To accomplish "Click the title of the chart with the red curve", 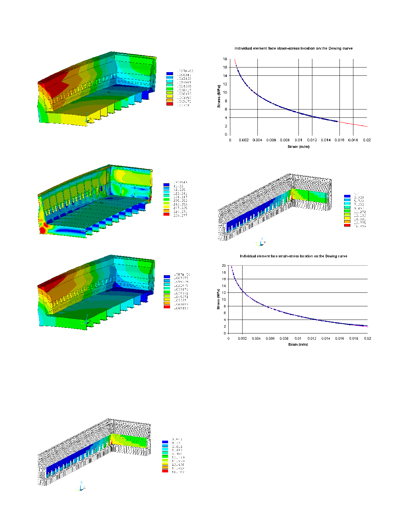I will click(x=293, y=48).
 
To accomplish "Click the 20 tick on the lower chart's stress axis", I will click(x=224, y=266).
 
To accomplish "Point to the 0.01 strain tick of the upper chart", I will click(x=298, y=140).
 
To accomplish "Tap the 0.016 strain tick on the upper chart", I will click(x=339, y=140).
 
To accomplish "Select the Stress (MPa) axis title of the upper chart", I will click(x=219, y=96).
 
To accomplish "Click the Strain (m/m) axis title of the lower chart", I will click(x=298, y=344).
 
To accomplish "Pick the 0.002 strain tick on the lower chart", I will click(x=242, y=338).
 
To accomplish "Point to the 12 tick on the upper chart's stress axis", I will click(x=225, y=84).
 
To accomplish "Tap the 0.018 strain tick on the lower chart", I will click(x=353, y=338).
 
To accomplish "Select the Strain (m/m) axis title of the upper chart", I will click(x=298, y=147).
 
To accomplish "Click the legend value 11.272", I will click(x=360, y=212).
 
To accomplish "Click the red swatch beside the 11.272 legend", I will click(x=347, y=225).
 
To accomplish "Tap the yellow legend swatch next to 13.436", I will click(x=165, y=464).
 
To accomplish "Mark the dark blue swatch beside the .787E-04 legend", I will click(x=167, y=277).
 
